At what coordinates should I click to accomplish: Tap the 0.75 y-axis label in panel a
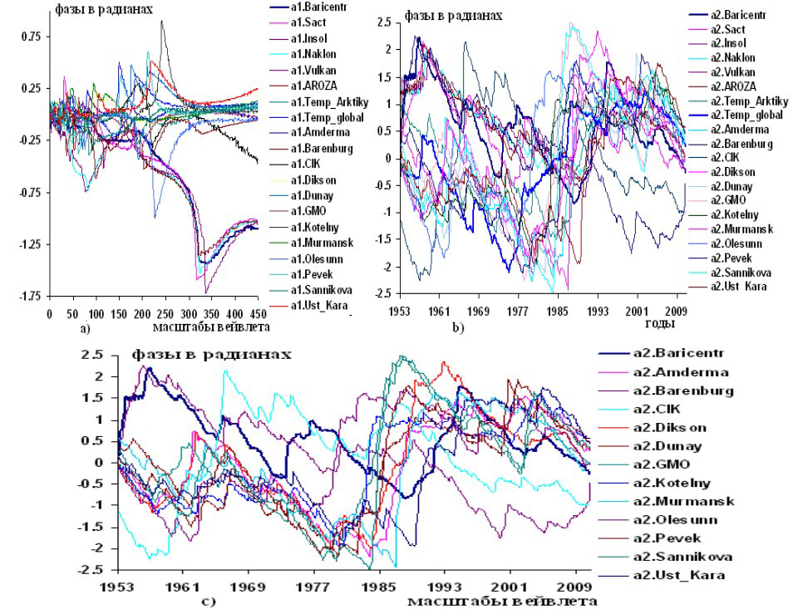click(x=31, y=37)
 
